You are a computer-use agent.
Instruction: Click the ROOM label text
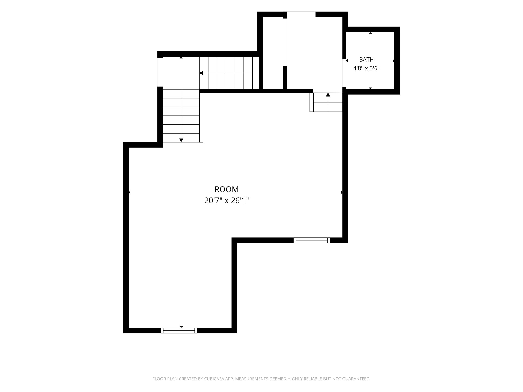point(226,189)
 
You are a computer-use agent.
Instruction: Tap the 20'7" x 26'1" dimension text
point(226,201)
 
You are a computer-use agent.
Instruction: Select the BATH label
point(366,59)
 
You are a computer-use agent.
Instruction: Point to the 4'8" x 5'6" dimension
point(366,68)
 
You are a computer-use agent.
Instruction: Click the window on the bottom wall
point(179,330)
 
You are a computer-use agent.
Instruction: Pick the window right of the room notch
point(312,240)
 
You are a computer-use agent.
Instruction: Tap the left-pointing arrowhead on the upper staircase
point(201,73)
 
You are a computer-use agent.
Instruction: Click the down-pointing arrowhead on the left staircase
point(181,140)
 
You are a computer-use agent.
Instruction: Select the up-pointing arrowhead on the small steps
point(328,95)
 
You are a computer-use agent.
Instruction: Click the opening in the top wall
point(301,14)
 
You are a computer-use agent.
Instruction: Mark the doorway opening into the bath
point(344,73)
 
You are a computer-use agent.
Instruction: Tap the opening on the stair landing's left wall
point(160,72)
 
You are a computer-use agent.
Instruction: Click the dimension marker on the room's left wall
point(130,192)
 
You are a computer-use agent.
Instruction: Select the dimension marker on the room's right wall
point(342,192)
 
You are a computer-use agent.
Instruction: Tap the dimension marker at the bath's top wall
point(370,33)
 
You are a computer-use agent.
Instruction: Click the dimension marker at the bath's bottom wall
point(370,88)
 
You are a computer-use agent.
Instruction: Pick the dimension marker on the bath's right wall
point(394,61)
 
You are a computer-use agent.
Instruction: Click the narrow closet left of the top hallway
point(273,53)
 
